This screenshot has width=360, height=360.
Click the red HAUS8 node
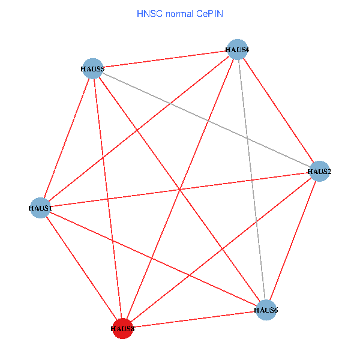click(x=122, y=328)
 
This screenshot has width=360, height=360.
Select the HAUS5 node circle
click(x=92, y=68)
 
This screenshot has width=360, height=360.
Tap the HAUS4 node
click(x=237, y=49)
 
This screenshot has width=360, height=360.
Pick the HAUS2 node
click(x=319, y=171)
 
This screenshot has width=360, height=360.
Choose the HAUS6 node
click(x=266, y=310)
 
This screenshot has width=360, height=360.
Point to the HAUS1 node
click(x=40, y=208)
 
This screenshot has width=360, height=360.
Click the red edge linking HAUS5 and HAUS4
click(x=164, y=59)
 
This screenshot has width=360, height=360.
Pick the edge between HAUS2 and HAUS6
click(x=293, y=240)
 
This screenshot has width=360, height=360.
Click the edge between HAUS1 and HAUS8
click(x=81, y=268)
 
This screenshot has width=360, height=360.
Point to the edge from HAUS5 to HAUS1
click(x=66, y=138)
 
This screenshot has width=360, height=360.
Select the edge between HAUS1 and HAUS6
click(x=153, y=259)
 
